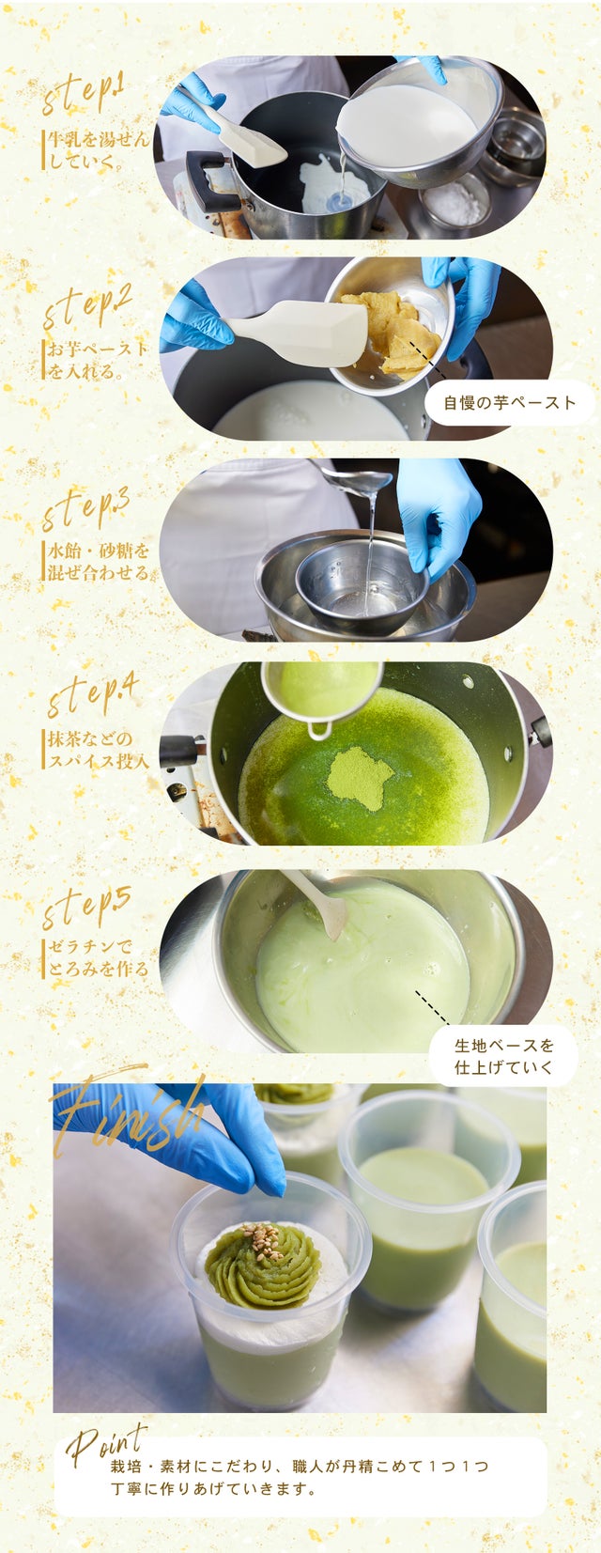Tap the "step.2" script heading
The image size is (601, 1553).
(86, 305)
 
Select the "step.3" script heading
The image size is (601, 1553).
(86, 507)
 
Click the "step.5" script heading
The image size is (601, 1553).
(86, 906)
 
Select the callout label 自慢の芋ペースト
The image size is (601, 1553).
(510, 402)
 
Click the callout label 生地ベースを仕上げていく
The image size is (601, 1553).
(504, 1056)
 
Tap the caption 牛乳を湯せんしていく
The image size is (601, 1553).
(97, 150)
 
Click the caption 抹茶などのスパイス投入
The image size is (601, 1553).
(98, 750)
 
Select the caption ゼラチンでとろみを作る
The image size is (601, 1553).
(98, 957)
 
